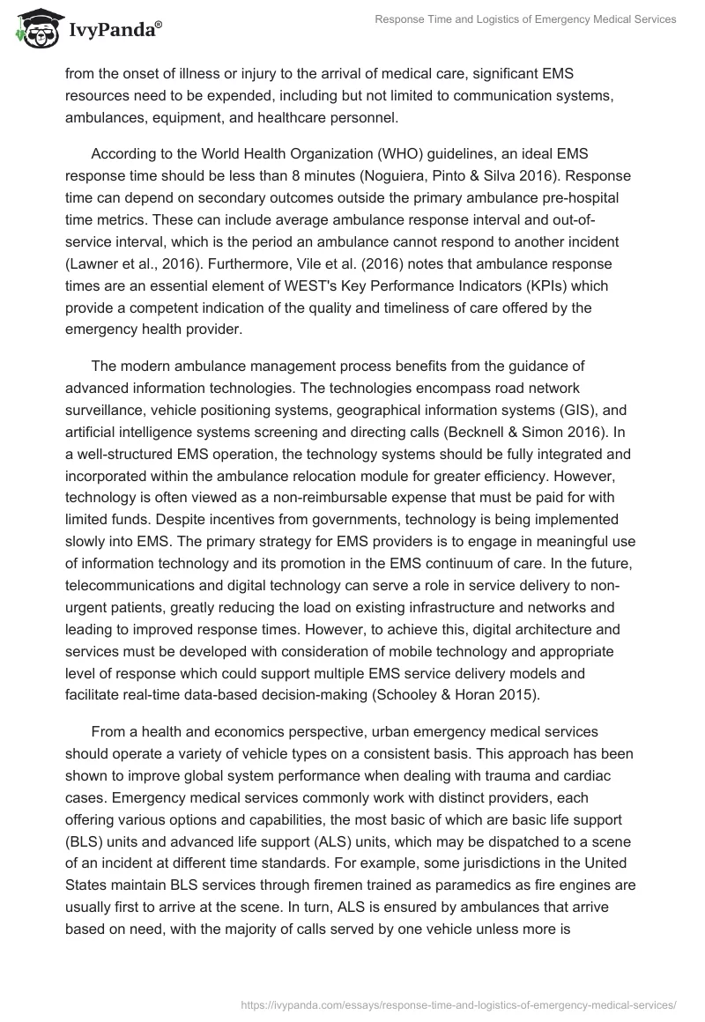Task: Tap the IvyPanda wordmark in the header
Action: tap(114, 31)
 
